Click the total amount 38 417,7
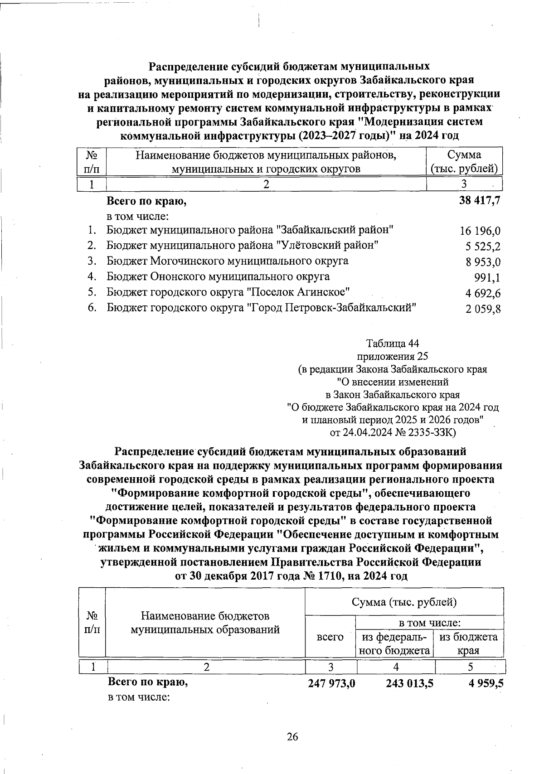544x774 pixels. pos(480,200)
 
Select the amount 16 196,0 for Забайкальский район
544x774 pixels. pos(480,231)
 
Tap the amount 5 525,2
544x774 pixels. pos(483,247)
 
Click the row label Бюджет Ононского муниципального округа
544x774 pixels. pos(218,276)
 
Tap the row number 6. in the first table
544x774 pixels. pos(92,308)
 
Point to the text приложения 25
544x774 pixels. pos(393,356)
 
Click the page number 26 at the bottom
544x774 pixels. pos(292,737)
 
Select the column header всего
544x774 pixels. pos(330,637)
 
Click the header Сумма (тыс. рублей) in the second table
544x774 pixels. pos(404,602)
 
